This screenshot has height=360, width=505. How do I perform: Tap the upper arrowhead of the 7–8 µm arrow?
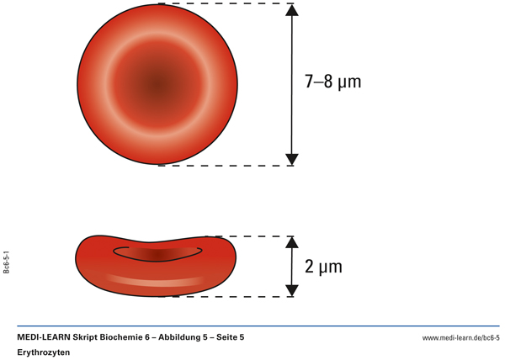tap(292, 11)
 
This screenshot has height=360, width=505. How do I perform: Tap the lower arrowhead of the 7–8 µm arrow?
tap(292, 158)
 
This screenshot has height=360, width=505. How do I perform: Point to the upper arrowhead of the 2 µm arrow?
tap(292, 243)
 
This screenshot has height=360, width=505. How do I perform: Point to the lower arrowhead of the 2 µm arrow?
tap(292, 289)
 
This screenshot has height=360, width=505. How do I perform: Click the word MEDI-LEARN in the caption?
tap(44, 337)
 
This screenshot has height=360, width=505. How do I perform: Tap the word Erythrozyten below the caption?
tap(45, 353)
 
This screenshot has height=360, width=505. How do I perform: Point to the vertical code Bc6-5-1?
tap(7, 261)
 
